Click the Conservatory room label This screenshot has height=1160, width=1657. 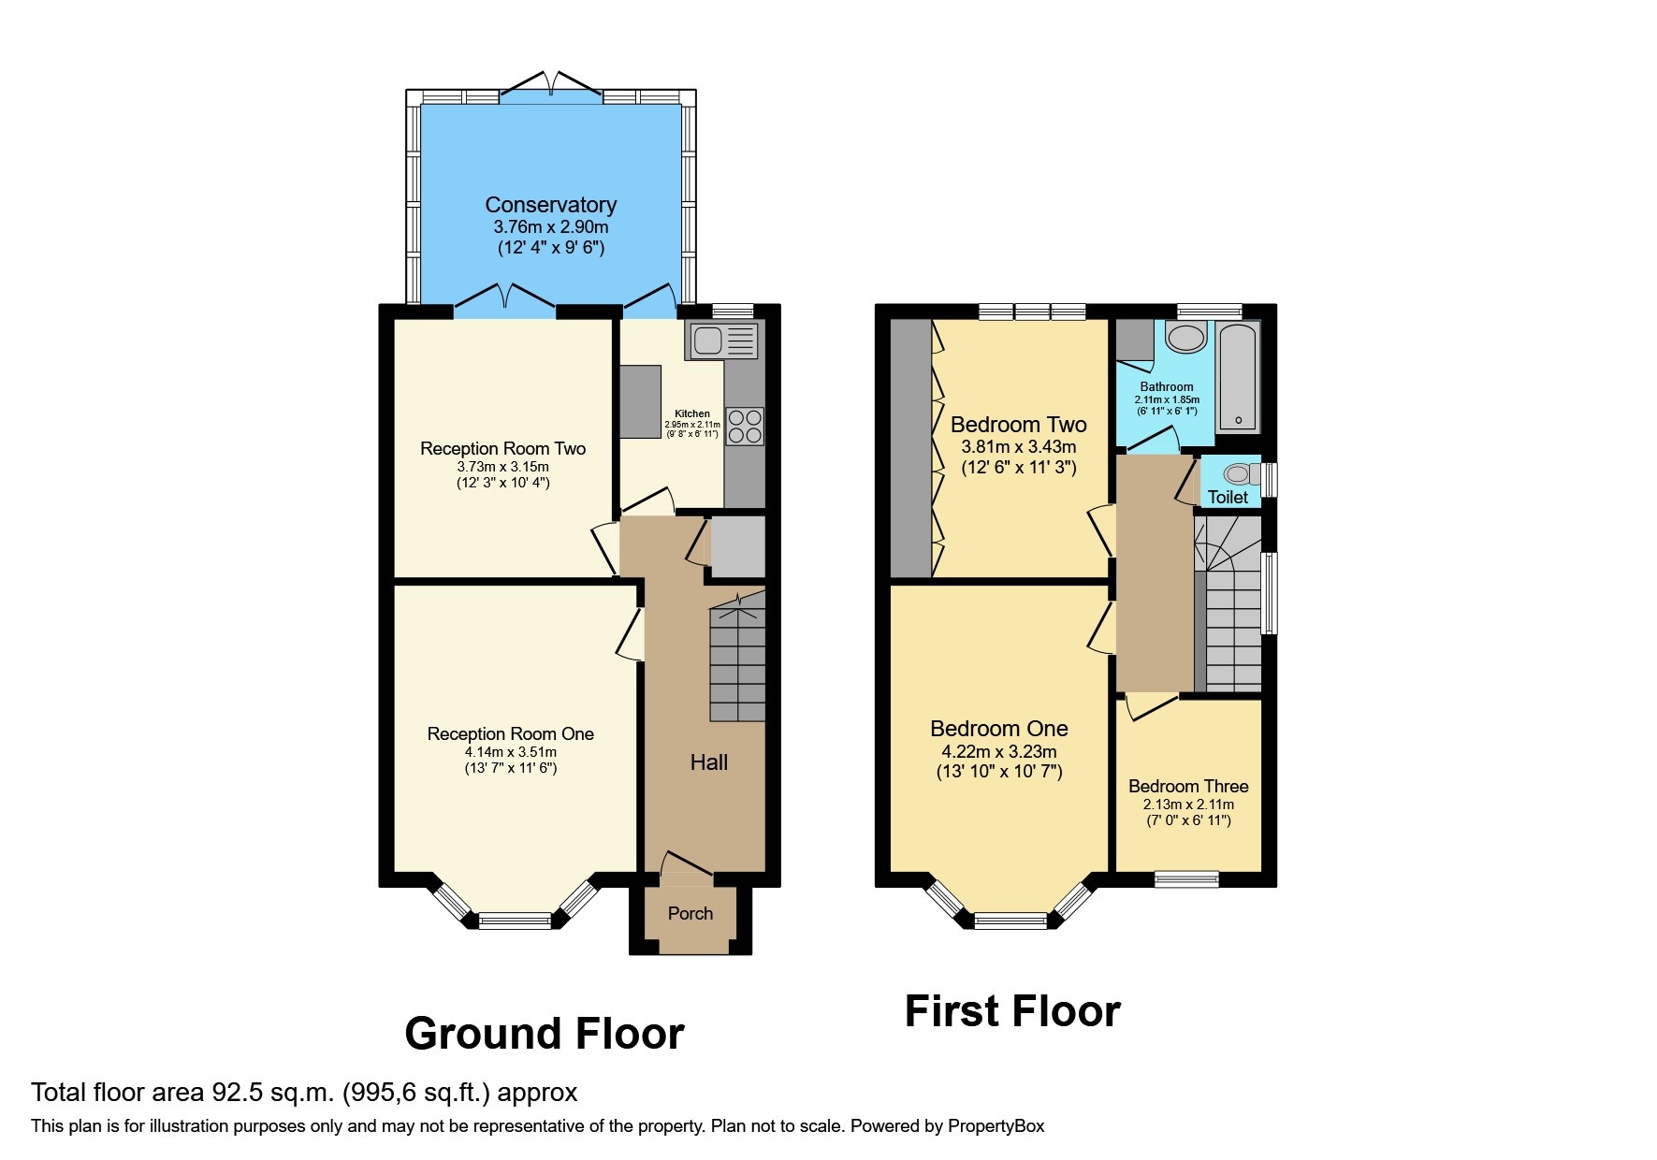550,205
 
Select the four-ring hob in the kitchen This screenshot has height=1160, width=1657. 745,427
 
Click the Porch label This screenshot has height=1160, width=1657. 690,914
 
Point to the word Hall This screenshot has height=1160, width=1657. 708,763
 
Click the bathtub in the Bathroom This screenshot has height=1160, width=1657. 1238,377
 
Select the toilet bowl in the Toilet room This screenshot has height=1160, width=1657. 1238,474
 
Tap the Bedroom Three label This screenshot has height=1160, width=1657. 1188,787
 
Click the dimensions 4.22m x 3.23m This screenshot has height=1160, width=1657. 999,752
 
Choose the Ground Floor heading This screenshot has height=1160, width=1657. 544,1035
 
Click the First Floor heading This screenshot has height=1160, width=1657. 1012,1012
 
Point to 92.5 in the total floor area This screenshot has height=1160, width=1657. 239,1093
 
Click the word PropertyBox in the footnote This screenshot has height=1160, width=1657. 996,1126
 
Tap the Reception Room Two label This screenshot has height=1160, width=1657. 502,449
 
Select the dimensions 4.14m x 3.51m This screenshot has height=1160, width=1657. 511,752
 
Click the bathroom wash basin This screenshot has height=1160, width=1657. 1185,338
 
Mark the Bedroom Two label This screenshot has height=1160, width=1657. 1018,425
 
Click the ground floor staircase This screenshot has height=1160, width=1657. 737,664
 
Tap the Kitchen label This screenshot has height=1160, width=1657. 692,413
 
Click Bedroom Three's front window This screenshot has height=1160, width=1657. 1186,878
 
